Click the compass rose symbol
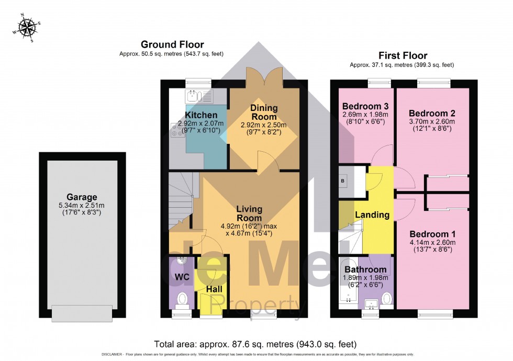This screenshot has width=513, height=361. click(x=26, y=26)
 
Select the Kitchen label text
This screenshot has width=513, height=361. click(x=201, y=115)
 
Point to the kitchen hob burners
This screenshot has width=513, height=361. click(x=177, y=133)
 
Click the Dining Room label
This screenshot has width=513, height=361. click(x=264, y=112)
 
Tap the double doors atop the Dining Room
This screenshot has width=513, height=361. click(x=265, y=81)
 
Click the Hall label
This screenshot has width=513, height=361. click(x=213, y=289)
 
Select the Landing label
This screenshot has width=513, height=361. click(x=372, y=215)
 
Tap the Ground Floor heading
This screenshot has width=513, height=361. click(x=172, y=44)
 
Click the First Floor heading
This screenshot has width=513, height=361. click(x=403, y=55)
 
